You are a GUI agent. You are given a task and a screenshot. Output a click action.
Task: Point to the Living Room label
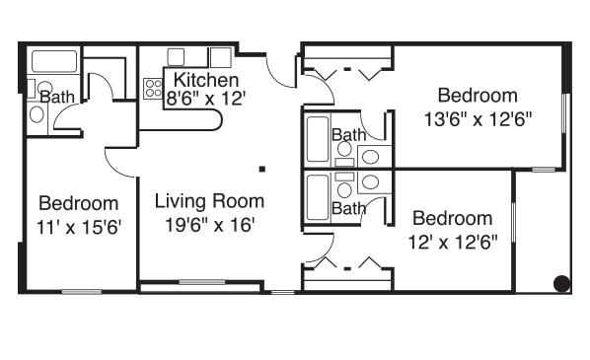coord(210,200)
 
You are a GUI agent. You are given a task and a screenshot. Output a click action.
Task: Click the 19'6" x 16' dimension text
coord(210,224)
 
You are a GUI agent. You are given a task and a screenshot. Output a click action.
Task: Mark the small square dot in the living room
coord(262,168)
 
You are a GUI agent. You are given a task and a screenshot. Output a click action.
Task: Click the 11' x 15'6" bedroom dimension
coord(79,226)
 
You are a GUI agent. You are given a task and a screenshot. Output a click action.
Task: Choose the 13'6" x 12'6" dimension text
coord(477,119)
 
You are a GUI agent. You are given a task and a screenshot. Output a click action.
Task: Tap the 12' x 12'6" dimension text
coord(453,240)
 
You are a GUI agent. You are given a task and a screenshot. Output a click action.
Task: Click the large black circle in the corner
coord(560,283)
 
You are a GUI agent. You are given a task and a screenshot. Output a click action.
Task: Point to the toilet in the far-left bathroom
coord(37,113)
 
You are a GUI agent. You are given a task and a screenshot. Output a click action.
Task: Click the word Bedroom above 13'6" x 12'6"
coord(478,96)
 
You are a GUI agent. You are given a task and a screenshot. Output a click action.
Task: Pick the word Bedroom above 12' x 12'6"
coord(453,218)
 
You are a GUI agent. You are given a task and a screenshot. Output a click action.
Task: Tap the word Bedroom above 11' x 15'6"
coord(79,203)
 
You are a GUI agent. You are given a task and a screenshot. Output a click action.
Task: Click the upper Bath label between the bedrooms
coord(348,135)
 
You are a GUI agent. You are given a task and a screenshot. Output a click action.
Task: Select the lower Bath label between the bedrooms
coord(348,208)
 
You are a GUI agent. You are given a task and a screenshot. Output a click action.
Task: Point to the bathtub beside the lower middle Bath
coord(318,200)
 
